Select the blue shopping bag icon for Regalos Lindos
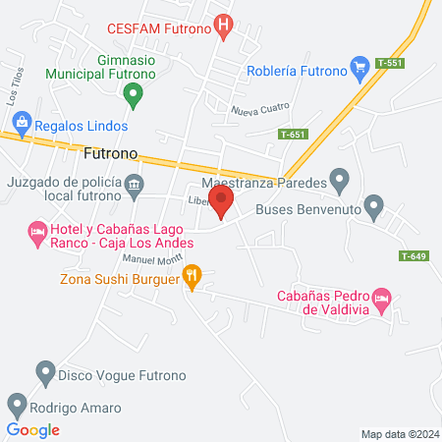click(x=21, y=123)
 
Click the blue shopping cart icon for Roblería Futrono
click(x=360, y=69)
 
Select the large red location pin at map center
click(x=222, y=201)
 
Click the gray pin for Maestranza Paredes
click(x=339, y=181)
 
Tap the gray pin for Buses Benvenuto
click(x=373, y=207)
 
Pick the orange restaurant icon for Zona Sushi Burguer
click(x=193, y=278)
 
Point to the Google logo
click(x=32, y=429)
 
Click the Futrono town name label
click(x=111, y=155)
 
